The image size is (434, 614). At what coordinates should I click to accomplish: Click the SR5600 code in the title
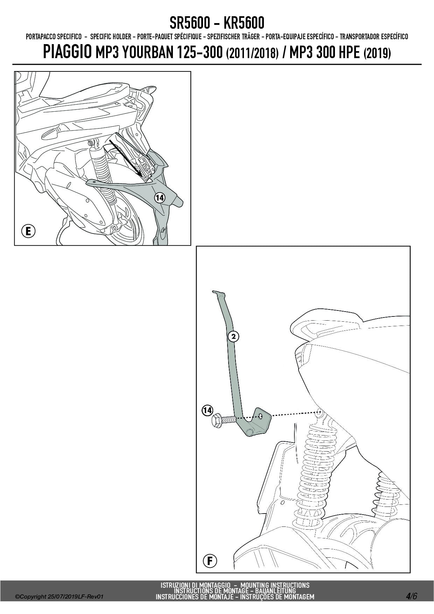pyautogui.click(x=190, y=23)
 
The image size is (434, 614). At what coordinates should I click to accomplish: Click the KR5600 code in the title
pyautogui.click(x=244, y=23)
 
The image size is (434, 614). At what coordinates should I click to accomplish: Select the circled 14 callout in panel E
pyautogui.click(x=160, y=198)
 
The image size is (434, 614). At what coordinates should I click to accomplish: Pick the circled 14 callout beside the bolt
pyautogui.click(x=208, y=410)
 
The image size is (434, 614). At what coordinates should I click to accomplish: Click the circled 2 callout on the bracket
pyautogui.click(x=233, y=336)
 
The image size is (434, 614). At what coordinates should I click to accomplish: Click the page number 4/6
pyautogui.click(x=411, y=596)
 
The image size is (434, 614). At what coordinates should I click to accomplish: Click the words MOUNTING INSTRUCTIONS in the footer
pyautogui.click(x=275, y=585)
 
